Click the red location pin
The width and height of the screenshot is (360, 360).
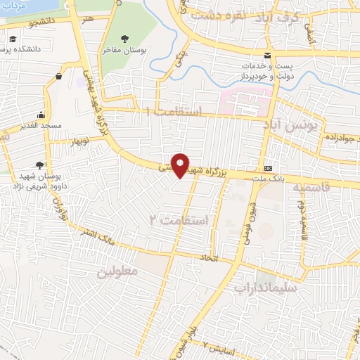[181, 165]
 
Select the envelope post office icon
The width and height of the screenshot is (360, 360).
[266, 56]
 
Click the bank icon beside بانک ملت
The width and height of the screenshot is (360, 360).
[269, 169]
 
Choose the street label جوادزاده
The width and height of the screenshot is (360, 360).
[337, 139]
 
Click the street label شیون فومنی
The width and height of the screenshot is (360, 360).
[251, 211]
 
